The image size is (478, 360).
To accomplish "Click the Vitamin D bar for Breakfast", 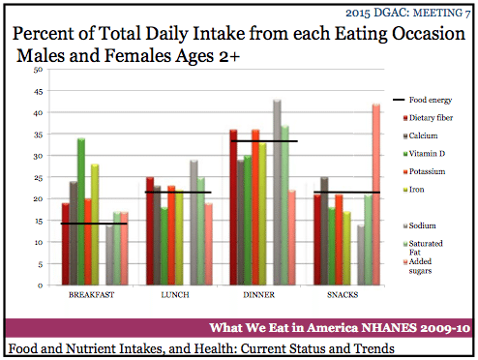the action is point(81,212).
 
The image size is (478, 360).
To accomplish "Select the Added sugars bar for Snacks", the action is point(376,195).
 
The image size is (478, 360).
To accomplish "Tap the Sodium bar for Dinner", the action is point(277,193).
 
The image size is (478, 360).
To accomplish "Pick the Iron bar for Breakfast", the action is point(95,225).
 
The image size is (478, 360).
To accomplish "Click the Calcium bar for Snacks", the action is point(324,231).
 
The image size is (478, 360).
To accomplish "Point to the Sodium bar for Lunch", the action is point(194,223).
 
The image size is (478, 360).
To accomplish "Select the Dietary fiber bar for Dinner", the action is point(233,207).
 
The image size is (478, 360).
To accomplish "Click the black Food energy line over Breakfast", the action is point(94,224).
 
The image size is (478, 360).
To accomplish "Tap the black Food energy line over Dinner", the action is point(264,141).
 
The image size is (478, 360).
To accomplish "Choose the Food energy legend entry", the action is point(423,100).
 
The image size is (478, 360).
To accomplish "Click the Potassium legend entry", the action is point(425,171).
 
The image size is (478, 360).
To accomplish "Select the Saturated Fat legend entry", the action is point(423,248).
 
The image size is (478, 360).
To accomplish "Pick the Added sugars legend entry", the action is point(418,266).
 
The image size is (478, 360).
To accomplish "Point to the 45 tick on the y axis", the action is point(38,92).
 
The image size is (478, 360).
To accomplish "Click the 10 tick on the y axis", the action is point(39,242).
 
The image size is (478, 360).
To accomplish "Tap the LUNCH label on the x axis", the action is point(175,295).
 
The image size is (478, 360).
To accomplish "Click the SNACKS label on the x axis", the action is point(343,295).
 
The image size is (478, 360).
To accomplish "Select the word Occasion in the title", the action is point(429,34).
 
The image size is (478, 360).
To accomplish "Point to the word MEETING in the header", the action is point(437,13).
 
